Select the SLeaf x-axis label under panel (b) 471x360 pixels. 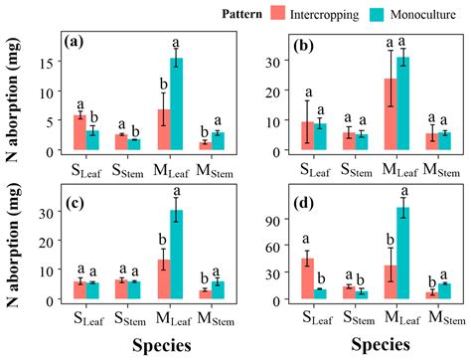coord(315,169)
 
